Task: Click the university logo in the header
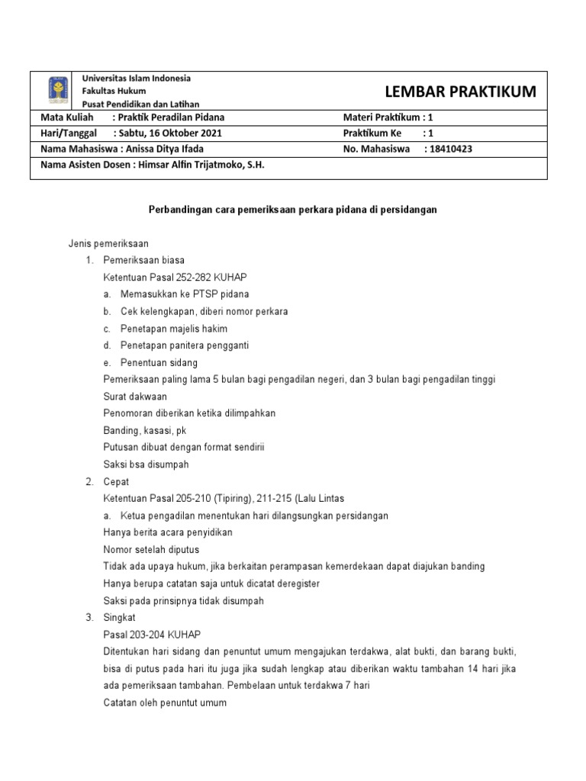57,91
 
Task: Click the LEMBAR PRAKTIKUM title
460,92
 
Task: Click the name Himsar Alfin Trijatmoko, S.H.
202,165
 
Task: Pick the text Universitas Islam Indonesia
136,79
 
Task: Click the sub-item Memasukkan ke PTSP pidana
185,294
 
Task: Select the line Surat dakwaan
135,397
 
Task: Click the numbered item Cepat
116,482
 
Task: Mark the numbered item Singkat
118,618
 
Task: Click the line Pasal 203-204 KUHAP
152,635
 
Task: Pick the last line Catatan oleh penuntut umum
165,702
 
